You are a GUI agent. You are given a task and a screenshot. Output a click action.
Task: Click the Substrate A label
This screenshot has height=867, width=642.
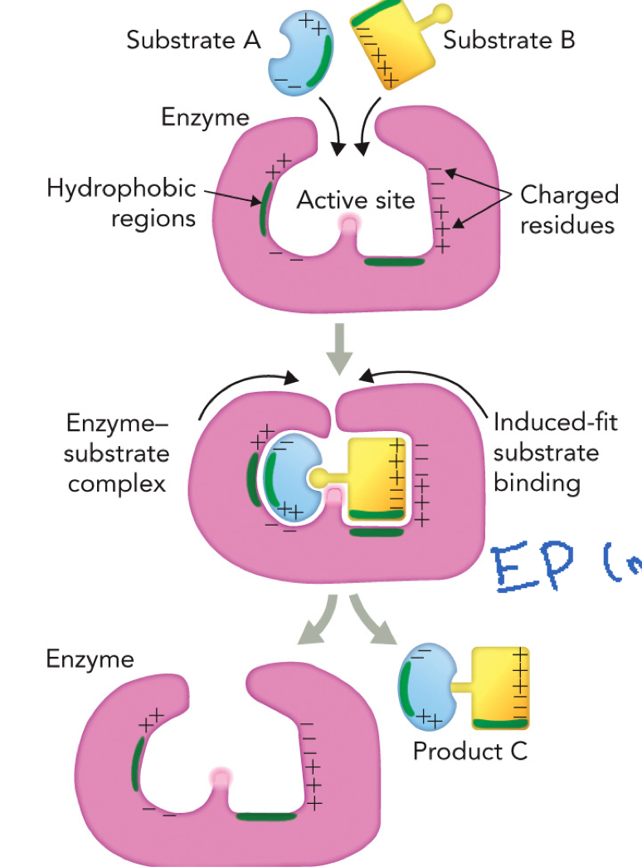192,40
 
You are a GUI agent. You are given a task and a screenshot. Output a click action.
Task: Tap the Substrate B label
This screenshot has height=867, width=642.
508,40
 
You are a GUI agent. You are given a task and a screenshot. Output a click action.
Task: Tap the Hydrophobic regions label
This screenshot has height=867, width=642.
121,203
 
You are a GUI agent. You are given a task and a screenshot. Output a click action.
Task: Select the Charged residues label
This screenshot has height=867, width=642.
569,209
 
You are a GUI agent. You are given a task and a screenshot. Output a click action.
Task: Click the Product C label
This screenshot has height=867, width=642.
469,752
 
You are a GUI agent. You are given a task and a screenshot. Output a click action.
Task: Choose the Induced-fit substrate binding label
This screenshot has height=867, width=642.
546,452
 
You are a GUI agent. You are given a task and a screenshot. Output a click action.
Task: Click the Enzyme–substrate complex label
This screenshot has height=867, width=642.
118,454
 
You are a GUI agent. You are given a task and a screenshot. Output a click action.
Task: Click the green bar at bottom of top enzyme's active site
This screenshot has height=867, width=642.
395,262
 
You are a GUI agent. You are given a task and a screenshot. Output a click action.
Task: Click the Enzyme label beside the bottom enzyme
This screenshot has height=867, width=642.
90,659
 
